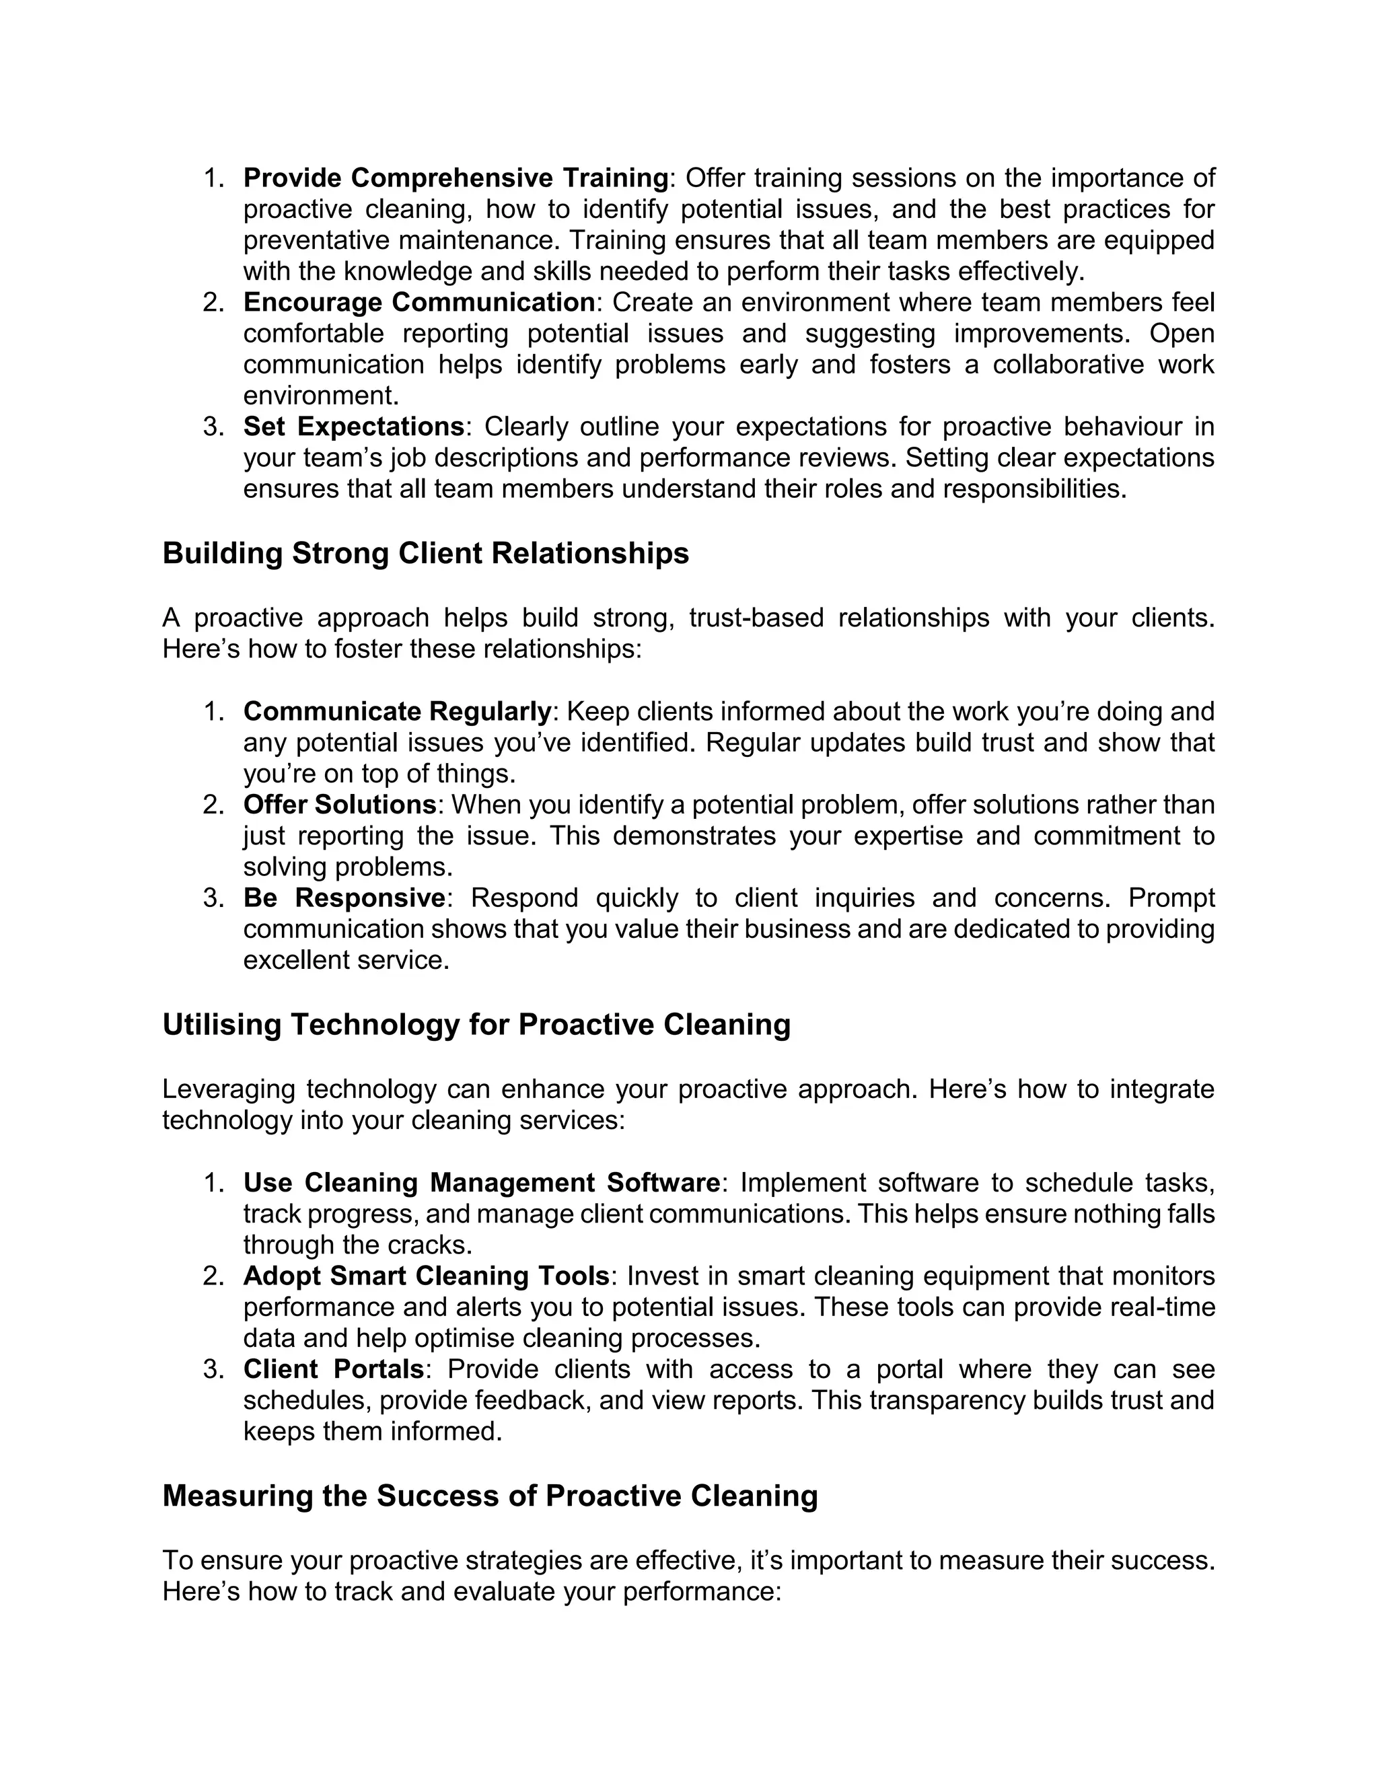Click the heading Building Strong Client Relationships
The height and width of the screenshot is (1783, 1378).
coord(425,554)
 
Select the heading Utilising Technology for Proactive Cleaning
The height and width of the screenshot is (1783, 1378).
coord(476,1025)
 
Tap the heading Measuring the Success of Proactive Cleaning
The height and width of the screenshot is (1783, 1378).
coord(490,1496)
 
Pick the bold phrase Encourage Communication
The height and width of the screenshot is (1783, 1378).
coord(419,302)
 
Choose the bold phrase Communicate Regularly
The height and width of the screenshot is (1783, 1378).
coord(397,711)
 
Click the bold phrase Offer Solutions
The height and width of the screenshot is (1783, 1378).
coord(340,804)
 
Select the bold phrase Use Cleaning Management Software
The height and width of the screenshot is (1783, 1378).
coord(482,1182)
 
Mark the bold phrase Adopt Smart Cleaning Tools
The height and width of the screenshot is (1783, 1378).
coord(426,1275)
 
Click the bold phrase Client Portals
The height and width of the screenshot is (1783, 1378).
coord(333,1369)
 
